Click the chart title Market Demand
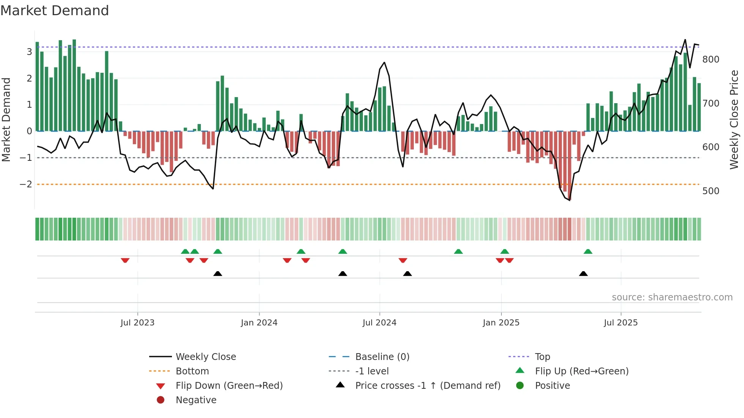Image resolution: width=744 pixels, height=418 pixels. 55,11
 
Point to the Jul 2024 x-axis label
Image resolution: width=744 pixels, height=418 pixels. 379,323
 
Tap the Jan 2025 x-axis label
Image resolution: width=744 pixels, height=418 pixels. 501,323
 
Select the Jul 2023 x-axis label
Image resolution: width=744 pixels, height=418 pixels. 137,323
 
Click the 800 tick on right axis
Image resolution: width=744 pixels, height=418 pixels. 711,60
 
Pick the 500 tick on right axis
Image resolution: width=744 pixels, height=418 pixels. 711,191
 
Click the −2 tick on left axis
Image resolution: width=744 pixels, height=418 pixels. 26,184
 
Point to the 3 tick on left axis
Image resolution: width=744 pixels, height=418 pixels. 29,52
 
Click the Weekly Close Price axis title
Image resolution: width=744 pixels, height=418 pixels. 734,119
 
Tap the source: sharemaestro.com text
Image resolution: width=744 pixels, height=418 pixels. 672,297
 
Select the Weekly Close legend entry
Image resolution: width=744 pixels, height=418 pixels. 205,357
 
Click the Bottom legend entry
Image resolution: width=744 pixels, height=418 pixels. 192,371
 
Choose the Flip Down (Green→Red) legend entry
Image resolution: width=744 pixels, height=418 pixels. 229,386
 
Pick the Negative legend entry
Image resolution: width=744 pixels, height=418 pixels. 196,400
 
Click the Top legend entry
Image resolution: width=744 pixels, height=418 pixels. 542,357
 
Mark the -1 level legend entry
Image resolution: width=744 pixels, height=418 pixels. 372,371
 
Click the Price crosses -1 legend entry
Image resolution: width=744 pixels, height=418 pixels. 427,386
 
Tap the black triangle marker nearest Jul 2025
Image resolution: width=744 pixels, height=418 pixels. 583,273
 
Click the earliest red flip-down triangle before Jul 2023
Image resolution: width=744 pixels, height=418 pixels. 125,260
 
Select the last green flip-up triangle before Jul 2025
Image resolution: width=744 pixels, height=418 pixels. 588,251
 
